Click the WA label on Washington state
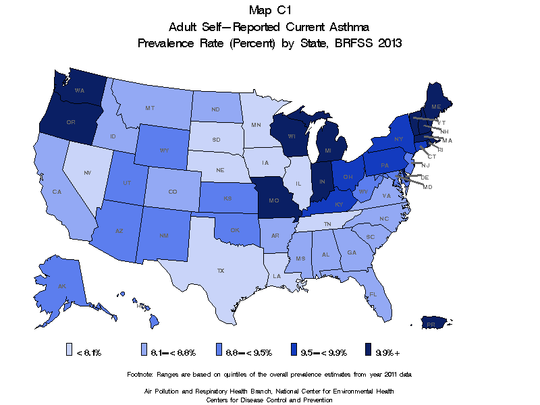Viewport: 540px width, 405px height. pos(79,90)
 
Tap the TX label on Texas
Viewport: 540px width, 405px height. pos(220,270)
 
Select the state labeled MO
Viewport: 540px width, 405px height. pos(274,201)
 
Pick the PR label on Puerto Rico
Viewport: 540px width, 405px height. pos(430,325)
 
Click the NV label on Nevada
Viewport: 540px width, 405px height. pos(87,173)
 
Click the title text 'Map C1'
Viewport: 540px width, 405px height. pos(269,10)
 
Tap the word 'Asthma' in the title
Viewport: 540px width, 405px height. pos(346,26)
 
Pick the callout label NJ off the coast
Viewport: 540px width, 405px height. pos(425,165)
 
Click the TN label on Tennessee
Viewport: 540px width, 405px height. pos(327,223)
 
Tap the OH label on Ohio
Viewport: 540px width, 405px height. pos(348,177)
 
